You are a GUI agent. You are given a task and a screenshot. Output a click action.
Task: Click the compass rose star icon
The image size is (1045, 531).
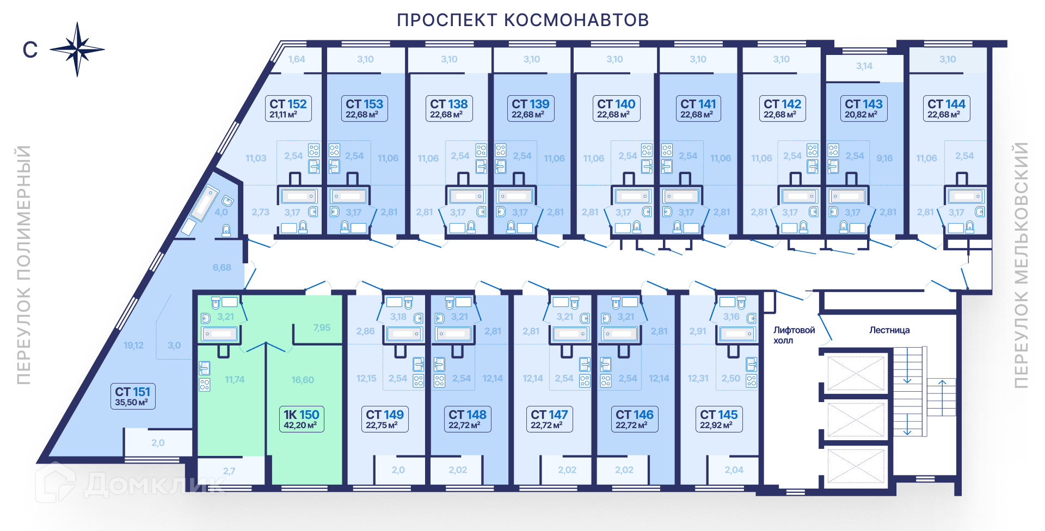tap(77, 50)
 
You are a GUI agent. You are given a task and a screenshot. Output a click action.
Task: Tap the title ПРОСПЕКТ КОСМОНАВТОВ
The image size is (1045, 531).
tap(522, 20)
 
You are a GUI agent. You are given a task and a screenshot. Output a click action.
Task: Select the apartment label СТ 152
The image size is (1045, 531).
tap(288, 108)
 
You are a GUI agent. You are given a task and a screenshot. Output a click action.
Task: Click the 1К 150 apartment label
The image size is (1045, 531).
tap(301, 419)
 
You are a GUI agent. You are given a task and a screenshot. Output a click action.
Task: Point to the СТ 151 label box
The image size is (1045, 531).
tap(132, 396)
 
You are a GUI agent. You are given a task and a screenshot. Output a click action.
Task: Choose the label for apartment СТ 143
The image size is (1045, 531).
tap(864, 108)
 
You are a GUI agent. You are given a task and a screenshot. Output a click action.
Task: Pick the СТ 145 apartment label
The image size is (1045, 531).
tap(718, 419)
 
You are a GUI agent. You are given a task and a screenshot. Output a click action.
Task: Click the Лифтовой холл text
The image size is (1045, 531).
tap(794, 335)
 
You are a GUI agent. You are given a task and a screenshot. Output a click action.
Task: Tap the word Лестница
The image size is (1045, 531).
tap(889, 330)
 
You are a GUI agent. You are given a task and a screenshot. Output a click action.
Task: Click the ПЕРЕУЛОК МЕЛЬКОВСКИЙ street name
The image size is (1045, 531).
tap(1021, 265)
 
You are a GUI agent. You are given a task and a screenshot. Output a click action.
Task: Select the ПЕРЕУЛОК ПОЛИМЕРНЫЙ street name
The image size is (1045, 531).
tap(23, 265)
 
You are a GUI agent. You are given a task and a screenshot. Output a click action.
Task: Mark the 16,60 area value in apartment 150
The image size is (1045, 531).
tap(303, 380)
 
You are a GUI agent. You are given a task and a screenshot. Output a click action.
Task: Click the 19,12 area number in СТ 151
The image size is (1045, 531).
tap(133, 345)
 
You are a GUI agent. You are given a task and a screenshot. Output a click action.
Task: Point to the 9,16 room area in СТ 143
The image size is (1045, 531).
tap(884, 158)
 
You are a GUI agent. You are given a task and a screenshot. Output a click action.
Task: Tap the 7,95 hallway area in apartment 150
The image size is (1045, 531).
tap(322, 328)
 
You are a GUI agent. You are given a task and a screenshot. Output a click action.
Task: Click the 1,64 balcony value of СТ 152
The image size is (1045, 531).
tap(297, 59)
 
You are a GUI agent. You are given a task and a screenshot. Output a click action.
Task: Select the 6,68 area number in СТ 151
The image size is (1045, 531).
tap(222, 268)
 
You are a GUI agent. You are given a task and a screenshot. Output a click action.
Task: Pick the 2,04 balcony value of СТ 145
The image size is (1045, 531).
tap(734, 470)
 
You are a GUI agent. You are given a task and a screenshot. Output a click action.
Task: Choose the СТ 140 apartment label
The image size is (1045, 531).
tap(616, 108)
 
